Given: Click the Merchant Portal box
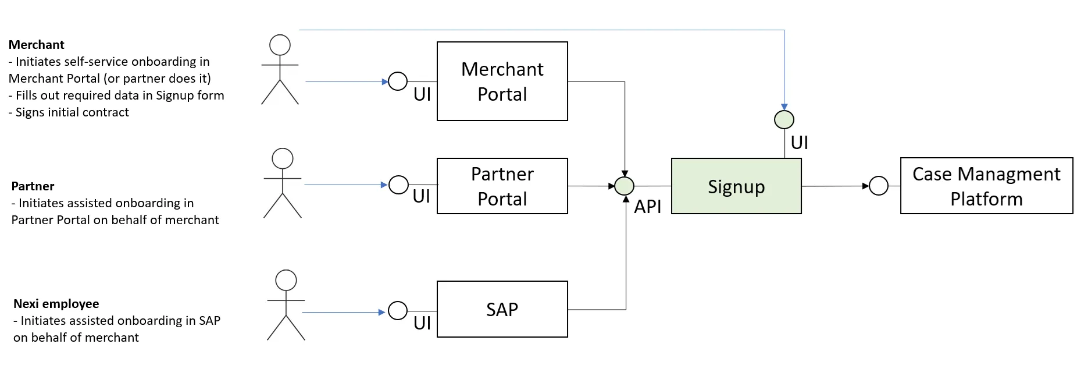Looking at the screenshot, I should tap(502, 81).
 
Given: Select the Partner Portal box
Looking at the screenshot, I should tap(502, 186).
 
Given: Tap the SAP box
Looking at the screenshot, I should tap(502, 309).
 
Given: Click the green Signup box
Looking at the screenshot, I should tap(736, 186).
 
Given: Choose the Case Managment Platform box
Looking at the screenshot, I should tap(986, 186).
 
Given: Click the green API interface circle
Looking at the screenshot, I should tap(625, 186).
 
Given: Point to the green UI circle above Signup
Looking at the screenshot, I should tap(784, 120).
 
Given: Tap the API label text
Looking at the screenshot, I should tap(647, 207).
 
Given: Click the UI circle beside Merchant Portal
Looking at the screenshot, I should tap(398, 81).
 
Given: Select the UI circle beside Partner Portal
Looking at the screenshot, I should tap(398, 185).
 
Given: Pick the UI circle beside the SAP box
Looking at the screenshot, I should tap(398, 310).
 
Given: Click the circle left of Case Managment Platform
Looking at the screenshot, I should tap(879, 186).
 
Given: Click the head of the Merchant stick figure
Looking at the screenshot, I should tap(280, 45).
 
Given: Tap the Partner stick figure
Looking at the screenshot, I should tap(283, 183).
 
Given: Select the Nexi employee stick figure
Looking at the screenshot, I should tap(286, 305).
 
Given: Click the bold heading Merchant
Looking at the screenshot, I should tap(36, 45).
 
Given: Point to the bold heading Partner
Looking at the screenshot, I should tap(33, 186).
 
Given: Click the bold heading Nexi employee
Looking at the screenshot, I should tap(56, 304).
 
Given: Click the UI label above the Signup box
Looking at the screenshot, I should tap(799, 143).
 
